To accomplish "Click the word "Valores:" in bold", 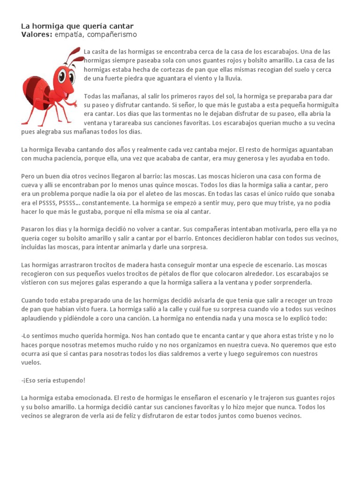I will coord(37,35).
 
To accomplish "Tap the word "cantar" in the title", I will coord(121,26).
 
